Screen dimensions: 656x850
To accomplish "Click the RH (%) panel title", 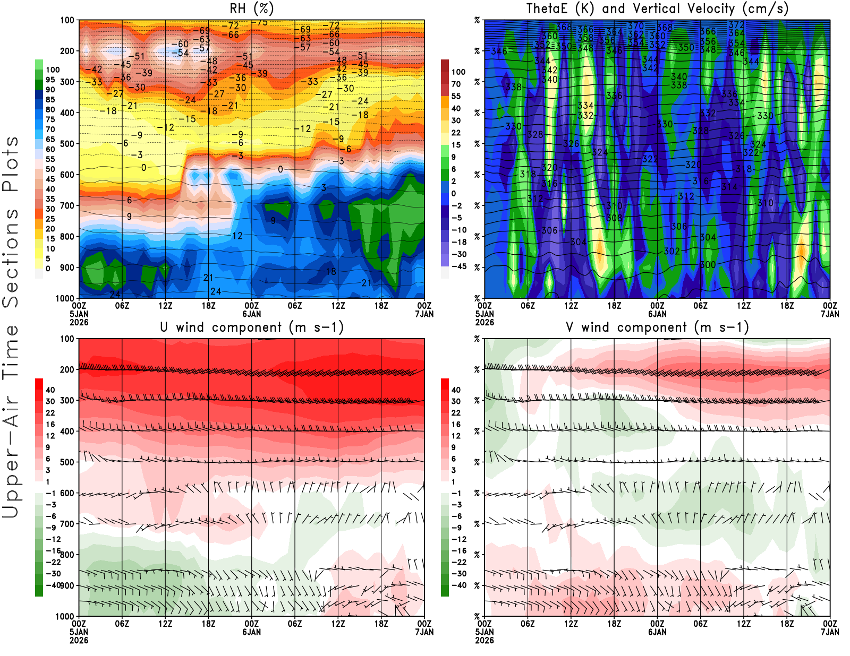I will pos(251,8).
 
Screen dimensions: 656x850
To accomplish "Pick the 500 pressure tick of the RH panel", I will pos(67,144).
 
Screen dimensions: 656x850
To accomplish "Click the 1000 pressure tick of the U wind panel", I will pos(65,616).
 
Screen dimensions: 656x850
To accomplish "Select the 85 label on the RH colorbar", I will pos(50,99).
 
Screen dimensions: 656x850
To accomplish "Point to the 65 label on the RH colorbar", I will pos(50,139).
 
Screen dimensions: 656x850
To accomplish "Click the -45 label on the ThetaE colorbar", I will pos(458,266).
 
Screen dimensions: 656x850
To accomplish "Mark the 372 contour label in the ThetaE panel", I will pos(736,25).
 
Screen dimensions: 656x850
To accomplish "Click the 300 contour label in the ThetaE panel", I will pos(707,265).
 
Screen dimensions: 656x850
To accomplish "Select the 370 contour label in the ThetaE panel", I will pos(635,25).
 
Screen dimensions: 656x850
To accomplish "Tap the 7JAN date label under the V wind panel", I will pos(830,632).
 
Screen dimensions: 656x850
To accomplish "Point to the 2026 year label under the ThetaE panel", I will pos(484,322).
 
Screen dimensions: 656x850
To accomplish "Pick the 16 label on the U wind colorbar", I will pos(50,424).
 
